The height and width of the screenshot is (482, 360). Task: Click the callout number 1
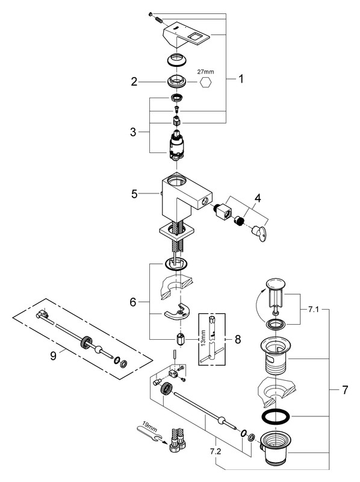241,79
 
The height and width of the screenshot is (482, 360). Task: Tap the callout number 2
134,82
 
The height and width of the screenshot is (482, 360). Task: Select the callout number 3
133,132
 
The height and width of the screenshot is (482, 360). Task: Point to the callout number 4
258,198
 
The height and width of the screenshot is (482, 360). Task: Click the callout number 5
134,194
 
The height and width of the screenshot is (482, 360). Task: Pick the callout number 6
132,302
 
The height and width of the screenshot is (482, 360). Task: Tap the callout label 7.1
314,310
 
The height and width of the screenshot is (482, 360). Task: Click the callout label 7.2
216,451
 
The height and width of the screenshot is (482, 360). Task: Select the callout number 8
238,339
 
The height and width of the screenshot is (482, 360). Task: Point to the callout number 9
53,356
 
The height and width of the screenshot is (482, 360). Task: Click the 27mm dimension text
205,72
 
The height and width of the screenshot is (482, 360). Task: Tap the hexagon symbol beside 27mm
206,83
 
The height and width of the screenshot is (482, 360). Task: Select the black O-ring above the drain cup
276,416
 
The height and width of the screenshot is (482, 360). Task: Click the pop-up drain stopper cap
276,284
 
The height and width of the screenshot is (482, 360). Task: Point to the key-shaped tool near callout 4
258,233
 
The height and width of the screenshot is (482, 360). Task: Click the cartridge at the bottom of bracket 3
176,145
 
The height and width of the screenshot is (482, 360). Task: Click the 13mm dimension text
203,338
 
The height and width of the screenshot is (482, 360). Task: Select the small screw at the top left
151,14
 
